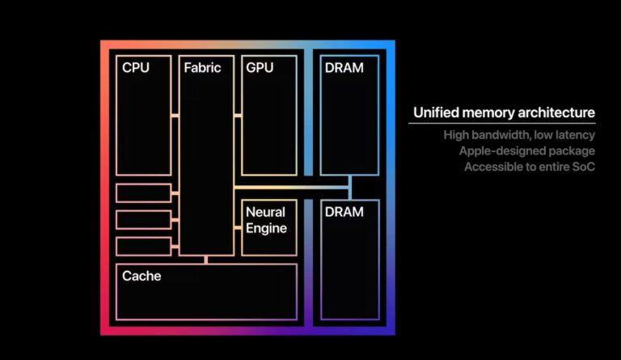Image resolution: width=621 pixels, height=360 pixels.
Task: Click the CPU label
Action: [x=136, y=68]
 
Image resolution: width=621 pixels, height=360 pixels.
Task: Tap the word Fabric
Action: [x=202, y=68]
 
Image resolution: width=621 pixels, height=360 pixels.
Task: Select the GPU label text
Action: [x=260, y=68]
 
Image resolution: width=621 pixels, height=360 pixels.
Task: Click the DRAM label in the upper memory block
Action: [x=344, y=68]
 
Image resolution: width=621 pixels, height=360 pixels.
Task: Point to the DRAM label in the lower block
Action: [x=344, y=211]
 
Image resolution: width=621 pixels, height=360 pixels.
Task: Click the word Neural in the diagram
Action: [x=265, y=212]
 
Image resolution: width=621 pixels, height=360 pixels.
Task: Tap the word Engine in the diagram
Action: [x=266, y=228]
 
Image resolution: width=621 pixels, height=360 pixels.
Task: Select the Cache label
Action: [x=142, y=277]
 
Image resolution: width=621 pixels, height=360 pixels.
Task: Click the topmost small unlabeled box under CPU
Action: [x=143, y=193]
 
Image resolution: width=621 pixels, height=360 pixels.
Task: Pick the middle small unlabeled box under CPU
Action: [x=143, y=219]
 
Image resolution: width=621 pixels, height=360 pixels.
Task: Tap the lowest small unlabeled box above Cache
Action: [x=143, y=246]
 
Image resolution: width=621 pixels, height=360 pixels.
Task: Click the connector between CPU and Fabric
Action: [x=175, y=116]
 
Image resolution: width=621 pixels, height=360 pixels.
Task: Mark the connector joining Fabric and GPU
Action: [x=238, y=116]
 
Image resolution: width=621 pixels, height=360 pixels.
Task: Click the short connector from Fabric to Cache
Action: [x=206, y=259]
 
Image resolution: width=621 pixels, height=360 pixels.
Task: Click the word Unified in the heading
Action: [x=436, y=113]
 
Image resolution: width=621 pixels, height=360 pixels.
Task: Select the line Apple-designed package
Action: [x=526, y=150]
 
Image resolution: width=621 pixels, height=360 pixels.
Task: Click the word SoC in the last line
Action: [x=582, y=167]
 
